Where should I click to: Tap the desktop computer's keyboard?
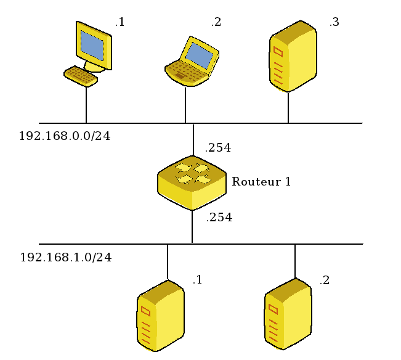pyautogui.click(x=81, y=76)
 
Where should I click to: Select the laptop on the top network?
pyautogui.click(x=192, y=62)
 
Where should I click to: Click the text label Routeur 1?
pyautogui.click(x=261, y=182)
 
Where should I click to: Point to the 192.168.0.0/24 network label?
pyautogui.click(x=65, y=136)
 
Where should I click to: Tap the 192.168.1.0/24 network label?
pyautogui.click(x=66, y=258)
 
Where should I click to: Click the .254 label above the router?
pyautogui.click(x=218, y=148)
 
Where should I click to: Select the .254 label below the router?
pyautogui.click(x=219, y=218)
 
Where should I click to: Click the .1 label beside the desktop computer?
pyautogui.click(x=119, y=23)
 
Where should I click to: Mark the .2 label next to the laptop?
pyautogui.click(x=216, y=23)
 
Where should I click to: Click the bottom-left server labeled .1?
pyautogui.click(x=160, y=316)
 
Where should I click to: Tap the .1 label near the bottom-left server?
pyautogui.click(x=197, y=280)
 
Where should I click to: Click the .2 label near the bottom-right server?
pyautogui.click(x=324, y=280)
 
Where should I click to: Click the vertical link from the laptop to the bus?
pyautogui.click(x=185, y=105)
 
